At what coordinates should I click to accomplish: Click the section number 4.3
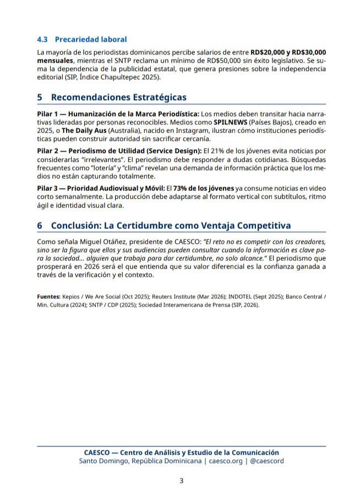coord(42,39)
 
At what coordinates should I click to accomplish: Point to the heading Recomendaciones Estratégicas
coord(118,97)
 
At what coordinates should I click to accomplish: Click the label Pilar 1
coord(48,113)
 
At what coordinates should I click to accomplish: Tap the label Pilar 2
coord(48,150)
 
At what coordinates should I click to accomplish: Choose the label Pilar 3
coord(48,188)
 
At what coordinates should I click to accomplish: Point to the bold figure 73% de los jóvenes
coord(204,188)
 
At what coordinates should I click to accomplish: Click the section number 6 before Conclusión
coord(40,226)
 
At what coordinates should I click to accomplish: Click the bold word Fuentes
coord(48,296)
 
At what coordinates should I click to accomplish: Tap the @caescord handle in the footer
coord(266,461)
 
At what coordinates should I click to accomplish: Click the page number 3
coord(181,481)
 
